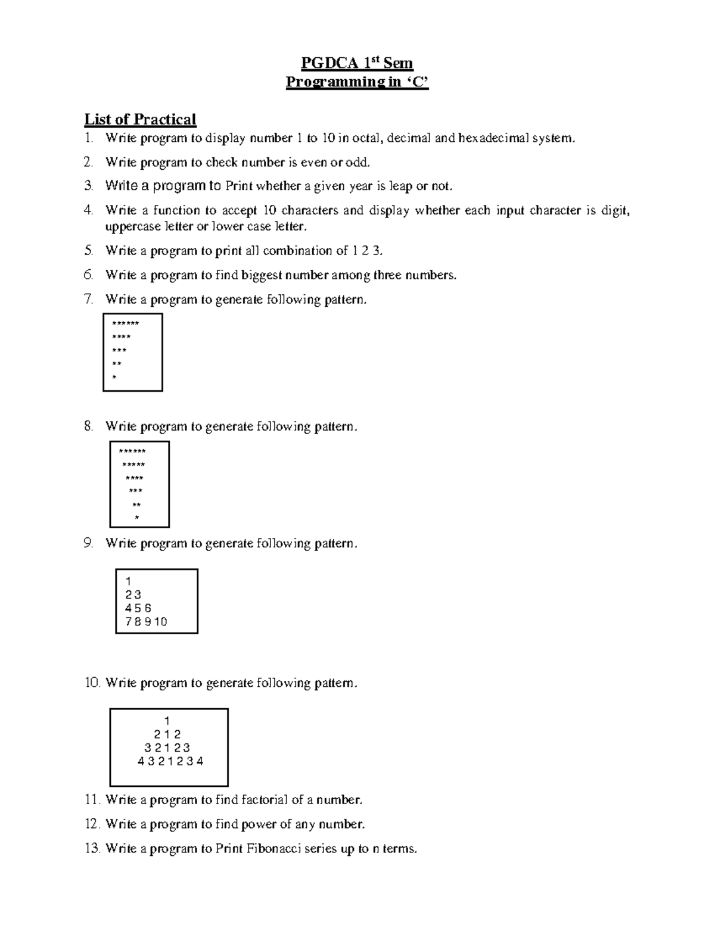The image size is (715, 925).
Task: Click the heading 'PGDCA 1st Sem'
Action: (x=357, y=63)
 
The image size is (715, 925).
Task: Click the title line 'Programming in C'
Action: (x=357, y=82)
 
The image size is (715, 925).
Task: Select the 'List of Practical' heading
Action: (x=140, y=120)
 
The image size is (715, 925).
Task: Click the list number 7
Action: (x=89, y=299)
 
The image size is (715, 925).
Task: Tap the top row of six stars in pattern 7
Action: (x=125, y=323)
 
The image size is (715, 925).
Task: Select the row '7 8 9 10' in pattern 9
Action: (x=146, y=622)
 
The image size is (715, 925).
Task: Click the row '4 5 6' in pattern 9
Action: (x=138, y=608)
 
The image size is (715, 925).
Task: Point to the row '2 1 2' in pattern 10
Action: (x=167, y=734)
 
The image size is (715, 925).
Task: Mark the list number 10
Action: (x=92, y=683)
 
